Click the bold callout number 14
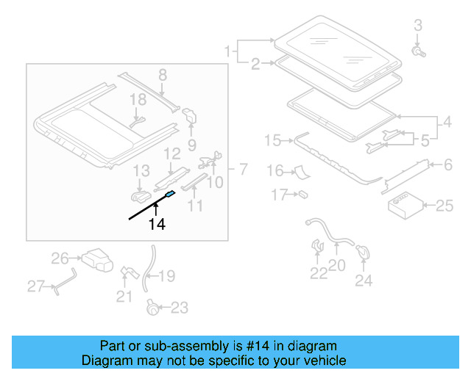(x=156, y=225)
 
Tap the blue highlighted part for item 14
(x=170, y=195)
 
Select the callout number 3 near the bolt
(x=418, y=26)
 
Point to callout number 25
(x=445, y=206)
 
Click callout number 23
(x=180, y=308)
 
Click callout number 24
(x=364, y=280)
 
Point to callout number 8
(x=162, y=73)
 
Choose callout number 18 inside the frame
(x=138, y=99)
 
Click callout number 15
(x=272, y=140)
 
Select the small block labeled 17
(x=302, y=195)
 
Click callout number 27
(x=35, y=286)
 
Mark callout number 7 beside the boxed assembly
(x=241, y=170)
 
